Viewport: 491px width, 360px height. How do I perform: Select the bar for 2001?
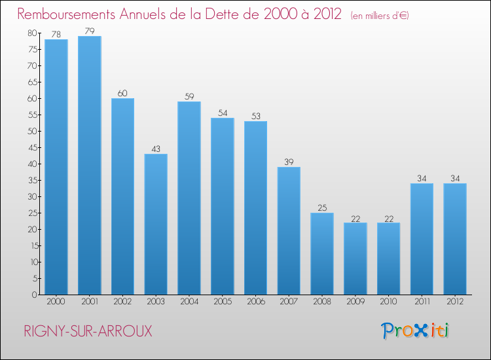(89, 165)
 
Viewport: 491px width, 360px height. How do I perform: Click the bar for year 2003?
(156, 224)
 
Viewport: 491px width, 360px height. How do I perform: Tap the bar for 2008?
(322, 253)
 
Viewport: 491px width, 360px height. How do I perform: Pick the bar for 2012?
(455, 239)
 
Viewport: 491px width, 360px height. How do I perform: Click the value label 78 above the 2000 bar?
(56, 34)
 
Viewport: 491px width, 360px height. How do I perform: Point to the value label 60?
(122, 93)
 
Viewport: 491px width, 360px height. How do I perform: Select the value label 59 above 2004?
(189, 96)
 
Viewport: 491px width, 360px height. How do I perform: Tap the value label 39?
(289, 162)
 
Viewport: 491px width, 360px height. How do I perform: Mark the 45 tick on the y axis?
(32, 147)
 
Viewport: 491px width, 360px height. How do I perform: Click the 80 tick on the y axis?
(32, 33)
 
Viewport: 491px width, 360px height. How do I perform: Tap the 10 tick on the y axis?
(32, 262)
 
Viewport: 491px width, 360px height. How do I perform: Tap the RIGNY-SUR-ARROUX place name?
(88, 331)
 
